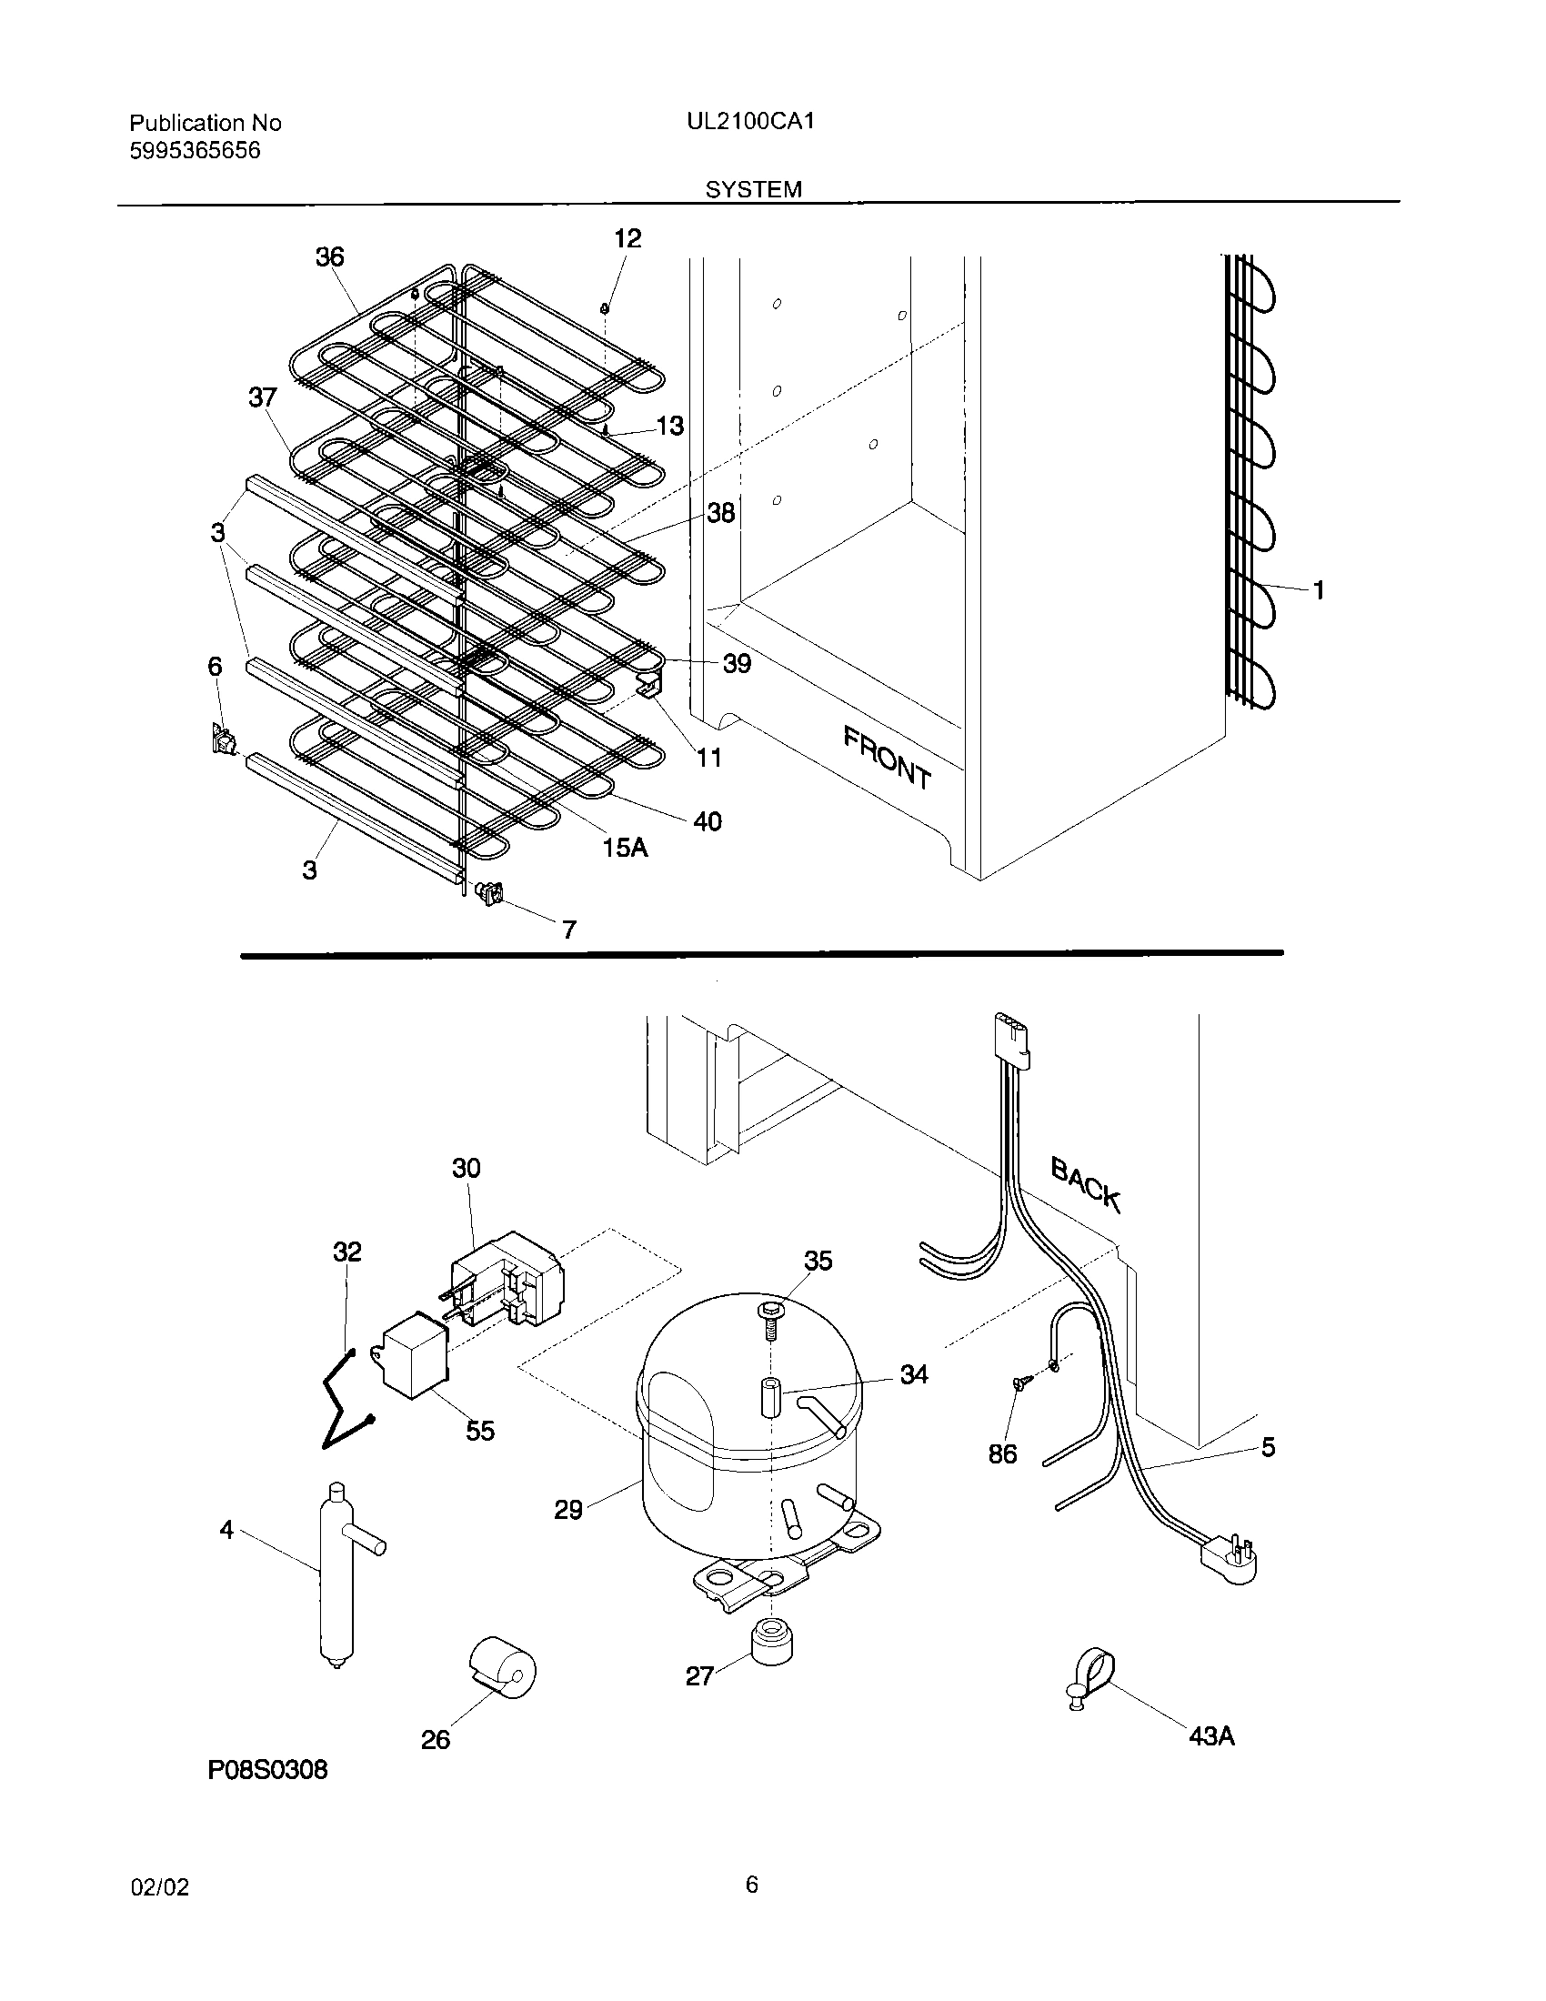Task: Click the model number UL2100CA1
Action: (750, 122)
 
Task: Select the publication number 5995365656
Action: (195, 150)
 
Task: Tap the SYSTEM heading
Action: (753, 189)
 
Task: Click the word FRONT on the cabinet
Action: (887, 757)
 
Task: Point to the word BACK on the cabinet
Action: (1085, 1183)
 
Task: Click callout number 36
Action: (330, 256)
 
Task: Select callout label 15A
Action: (625, 848)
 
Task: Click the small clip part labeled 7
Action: (490, 891)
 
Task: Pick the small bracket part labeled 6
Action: (222, 739)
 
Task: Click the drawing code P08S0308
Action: (267, 1770)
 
